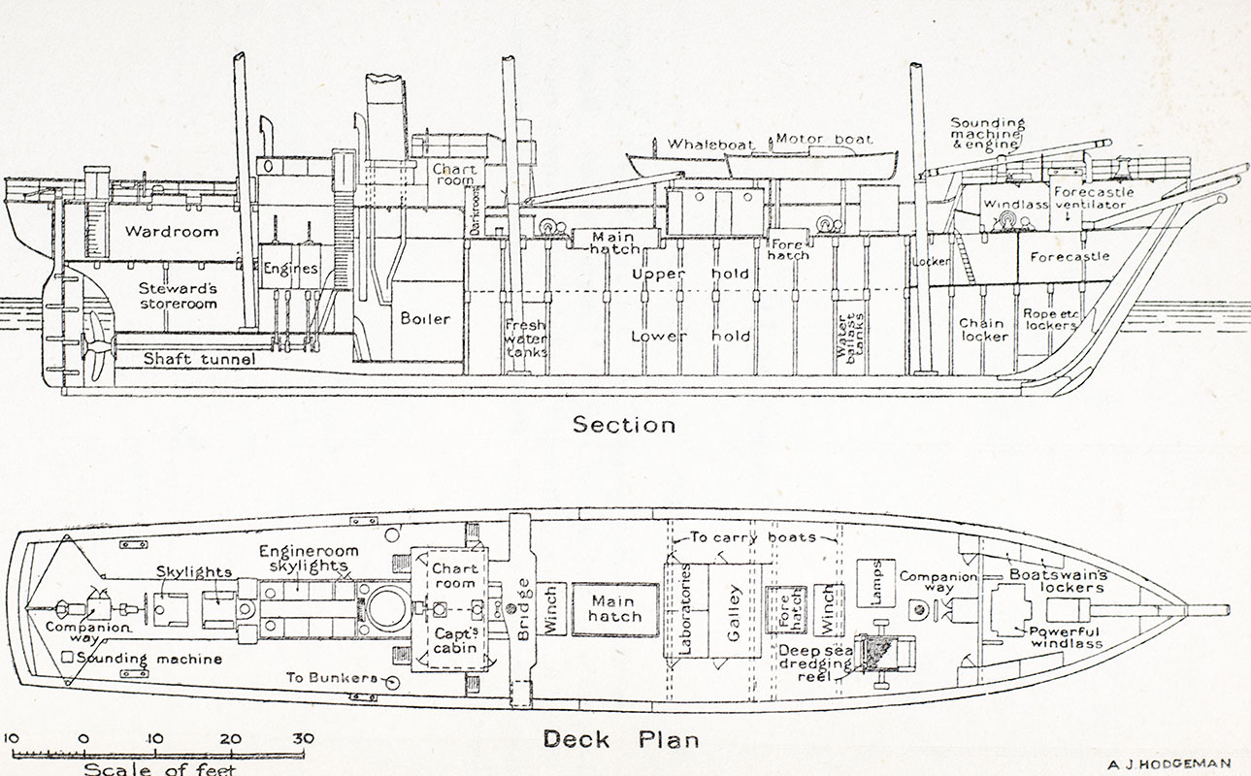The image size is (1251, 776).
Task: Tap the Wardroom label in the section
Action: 171,232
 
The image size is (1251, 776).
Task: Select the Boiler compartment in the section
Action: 426,318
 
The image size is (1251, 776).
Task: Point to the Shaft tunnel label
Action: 200,360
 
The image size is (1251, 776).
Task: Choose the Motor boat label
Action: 824,139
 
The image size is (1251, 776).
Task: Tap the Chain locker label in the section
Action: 984,330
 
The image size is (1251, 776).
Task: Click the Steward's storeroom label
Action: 178,296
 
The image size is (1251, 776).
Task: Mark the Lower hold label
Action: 690,337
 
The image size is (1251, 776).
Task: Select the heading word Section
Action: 624,424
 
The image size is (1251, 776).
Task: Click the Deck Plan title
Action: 620,739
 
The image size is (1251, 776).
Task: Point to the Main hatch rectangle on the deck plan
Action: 615,609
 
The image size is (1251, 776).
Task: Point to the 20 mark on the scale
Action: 230,739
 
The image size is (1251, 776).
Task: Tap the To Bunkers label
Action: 331,677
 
